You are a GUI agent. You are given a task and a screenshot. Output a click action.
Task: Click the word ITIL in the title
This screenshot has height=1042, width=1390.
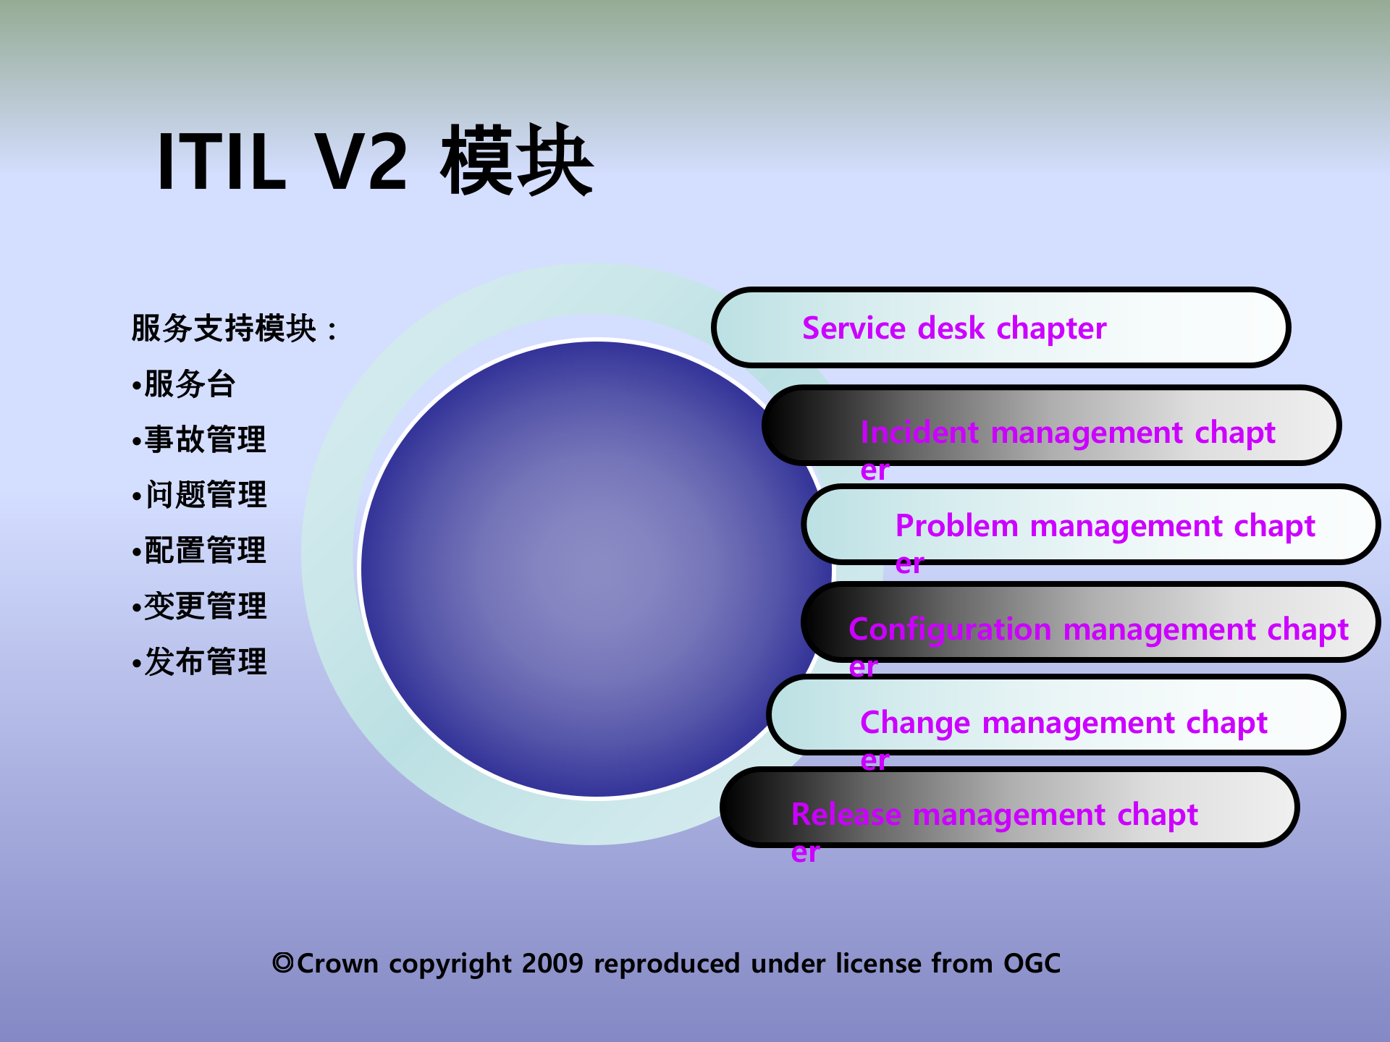pyautogui.click(x=221, y=162)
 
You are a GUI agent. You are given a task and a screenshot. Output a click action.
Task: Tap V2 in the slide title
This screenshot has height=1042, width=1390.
pyautogui.click(x=361, y=162)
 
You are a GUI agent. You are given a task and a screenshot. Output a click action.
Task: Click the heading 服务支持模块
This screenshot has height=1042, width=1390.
pyautogui.click(x=225, y=329)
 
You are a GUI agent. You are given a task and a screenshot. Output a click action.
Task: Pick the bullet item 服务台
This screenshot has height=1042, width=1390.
pyautogui.click(x=190, y=384)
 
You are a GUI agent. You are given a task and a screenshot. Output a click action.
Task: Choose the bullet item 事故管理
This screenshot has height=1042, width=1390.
pyautogui.click(x=205, y=440)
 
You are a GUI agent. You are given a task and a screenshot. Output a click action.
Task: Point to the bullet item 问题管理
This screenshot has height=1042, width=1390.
pyautogui.click(x=206, y=496)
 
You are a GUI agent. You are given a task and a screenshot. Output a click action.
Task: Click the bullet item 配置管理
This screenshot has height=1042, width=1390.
pyautogui.click(x=205, y=551)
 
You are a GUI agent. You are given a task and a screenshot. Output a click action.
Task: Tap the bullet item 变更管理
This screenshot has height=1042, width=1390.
pyautogui.click(x=205, y=606)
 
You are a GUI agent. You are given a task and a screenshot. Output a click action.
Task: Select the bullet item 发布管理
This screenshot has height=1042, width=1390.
pyautogui.click(x=205, y=662)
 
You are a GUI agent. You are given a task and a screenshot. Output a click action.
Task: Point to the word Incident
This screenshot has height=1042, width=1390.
pyautogui.click(x=919, y=433)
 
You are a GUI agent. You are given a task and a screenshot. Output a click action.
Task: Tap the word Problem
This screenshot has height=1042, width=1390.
pyautogui.click(x=956, y=526)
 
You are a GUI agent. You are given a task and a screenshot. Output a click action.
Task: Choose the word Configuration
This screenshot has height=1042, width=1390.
pyautogui.click(x=949, y=630)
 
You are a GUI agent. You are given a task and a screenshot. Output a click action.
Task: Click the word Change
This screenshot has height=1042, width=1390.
pyautogui.click(x=914, y=723)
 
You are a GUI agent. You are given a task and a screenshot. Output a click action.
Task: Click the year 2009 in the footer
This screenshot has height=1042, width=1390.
pyautogui.click(x=552, y=964)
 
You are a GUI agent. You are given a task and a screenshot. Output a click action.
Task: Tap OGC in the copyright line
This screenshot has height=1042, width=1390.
pyautogui.click(x=1032, y=964)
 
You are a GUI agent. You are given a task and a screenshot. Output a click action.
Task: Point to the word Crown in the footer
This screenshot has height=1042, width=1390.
pyautogui.click(x=337, y=964)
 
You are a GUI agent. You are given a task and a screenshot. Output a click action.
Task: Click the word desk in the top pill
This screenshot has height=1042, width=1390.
pyautogui.click(x=951, y=329)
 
